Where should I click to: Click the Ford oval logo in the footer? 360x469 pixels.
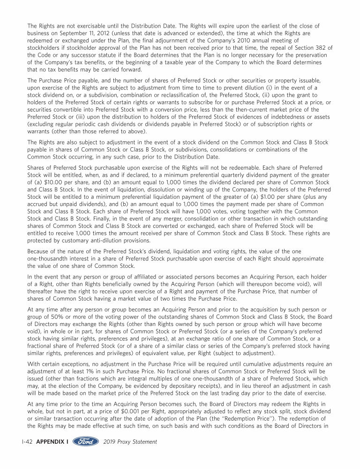[85, 442]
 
